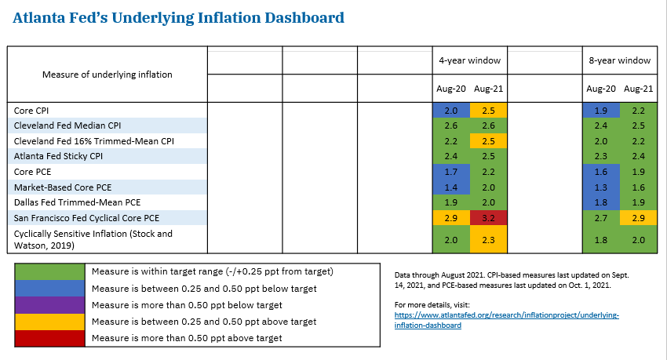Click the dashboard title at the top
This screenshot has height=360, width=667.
(x=178, y=16)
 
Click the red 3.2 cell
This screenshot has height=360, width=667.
(x=488, y=216)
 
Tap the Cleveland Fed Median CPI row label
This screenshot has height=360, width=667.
(x=67, y=125)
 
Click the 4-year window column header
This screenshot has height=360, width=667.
(x=469, y=60)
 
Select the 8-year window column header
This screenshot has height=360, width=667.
(x=620, y=60)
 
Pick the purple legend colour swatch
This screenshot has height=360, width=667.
(x=50, y=306)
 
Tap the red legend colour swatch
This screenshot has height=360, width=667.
(x=50, y=338)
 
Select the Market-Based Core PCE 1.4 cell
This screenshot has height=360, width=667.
(x=451, y=186)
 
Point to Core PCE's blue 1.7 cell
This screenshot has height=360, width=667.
(x=451, y=171)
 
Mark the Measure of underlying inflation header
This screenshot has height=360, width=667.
(x=107, y=75)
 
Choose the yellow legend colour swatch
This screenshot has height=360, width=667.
(x=50, y=322)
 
